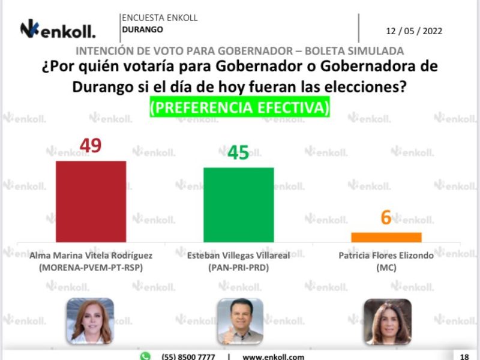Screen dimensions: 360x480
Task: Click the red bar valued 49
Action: click(x=91, y=201)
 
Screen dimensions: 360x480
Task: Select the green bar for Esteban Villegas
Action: click(x=238, y=204)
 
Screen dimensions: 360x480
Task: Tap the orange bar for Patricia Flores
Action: click(x=386, y=237)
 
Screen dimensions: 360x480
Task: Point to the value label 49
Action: click(x=91, y=145)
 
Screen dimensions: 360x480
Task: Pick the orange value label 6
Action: click(x=386, y=217)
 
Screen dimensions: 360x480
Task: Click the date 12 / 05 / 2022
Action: click(x=414, y=31)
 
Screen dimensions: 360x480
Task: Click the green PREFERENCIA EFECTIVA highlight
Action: click(x=239, y=108)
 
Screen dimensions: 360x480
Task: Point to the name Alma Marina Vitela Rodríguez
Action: click(x=91, y=255)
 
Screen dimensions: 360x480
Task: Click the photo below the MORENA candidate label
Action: click(x=90, y=321)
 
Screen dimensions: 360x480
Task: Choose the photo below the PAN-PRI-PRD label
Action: click(x=239, y=321)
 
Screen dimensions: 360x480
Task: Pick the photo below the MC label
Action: click(x=387, y=321)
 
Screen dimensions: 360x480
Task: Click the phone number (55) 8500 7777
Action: click(x=188, y=356)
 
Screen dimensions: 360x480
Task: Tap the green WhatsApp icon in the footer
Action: click(x=145, y=356)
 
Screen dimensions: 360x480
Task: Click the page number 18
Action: click(x=464, y=356)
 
